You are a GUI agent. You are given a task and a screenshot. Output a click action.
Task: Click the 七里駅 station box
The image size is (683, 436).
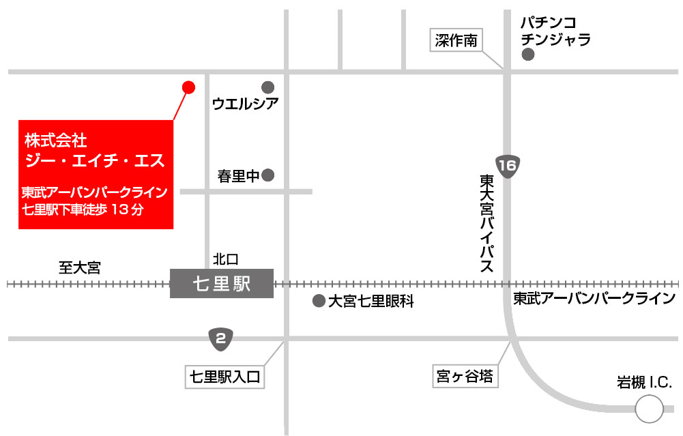[222, 283]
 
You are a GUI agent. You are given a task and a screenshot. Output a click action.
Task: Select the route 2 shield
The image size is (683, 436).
[220, 338]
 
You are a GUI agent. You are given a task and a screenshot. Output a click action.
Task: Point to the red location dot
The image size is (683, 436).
[188, 87]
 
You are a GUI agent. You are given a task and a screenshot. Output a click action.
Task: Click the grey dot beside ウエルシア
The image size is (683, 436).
[268, 87]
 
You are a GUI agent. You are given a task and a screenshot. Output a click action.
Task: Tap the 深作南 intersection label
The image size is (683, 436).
[456, 41]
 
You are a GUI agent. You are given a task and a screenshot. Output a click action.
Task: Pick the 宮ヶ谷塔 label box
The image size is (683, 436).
[463, 375]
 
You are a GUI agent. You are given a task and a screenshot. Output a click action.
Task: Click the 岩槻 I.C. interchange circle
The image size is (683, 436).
[648, 409]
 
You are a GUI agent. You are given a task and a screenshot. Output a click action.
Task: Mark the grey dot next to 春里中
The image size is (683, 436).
[268, 175]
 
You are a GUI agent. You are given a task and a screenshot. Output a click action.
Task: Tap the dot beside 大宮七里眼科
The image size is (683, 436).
[318, 301]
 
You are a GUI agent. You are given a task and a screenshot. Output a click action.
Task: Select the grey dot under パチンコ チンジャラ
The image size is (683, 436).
[527, 55]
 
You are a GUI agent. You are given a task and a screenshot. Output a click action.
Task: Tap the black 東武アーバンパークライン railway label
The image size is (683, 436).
[594, 299]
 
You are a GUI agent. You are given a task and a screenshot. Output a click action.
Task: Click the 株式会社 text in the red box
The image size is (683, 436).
[55, 141]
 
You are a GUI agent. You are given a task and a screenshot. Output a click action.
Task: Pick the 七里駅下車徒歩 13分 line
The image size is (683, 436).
[83, 209]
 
